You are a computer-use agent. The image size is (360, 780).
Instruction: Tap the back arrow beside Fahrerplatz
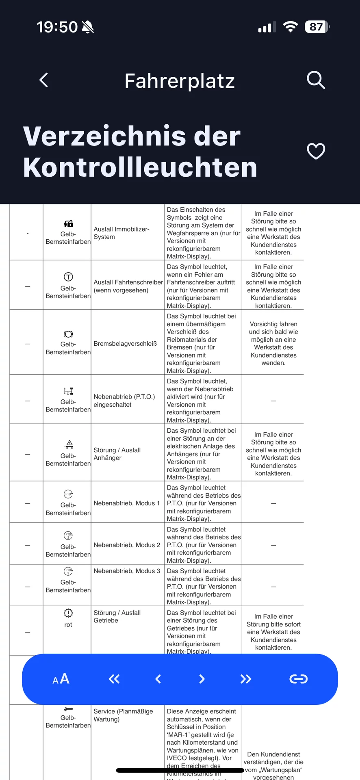click(x=44, y=80)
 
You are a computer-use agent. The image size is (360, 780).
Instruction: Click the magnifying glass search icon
click(x=316, y=80)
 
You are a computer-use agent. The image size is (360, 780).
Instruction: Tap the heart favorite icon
click(x=316, y=151)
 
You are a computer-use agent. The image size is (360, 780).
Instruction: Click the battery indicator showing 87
click(x=317, y=27)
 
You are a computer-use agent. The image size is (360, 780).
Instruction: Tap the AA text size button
click(x=61, y=679)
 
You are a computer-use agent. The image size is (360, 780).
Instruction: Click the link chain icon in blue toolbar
click(x=298, y=679)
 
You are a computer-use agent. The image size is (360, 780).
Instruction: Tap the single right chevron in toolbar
click(x=202, y=679)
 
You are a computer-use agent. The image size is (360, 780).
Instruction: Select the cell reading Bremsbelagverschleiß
click(x=125, y=344)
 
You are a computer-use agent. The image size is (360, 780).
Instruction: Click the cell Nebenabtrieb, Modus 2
click(x=127, y=545)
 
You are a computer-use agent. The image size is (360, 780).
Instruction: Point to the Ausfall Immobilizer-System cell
click(x=121, y=233)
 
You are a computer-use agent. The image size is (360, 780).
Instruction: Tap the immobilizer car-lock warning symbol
click(x=68, y=223)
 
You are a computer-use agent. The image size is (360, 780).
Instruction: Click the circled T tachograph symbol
click(x=68, y=277)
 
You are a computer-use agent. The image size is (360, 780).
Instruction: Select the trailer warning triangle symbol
click(x=69, y=444)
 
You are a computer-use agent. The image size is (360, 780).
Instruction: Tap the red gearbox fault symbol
click(x=68, y=613)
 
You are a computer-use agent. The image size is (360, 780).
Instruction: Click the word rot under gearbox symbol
click(x=68, y=625)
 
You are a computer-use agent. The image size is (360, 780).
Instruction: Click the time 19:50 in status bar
click(x=57, y=27)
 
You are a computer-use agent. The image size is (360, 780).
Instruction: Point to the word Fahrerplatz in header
click(x=180, y=81)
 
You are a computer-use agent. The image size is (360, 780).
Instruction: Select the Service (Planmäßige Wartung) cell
click(x=123, y=715)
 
